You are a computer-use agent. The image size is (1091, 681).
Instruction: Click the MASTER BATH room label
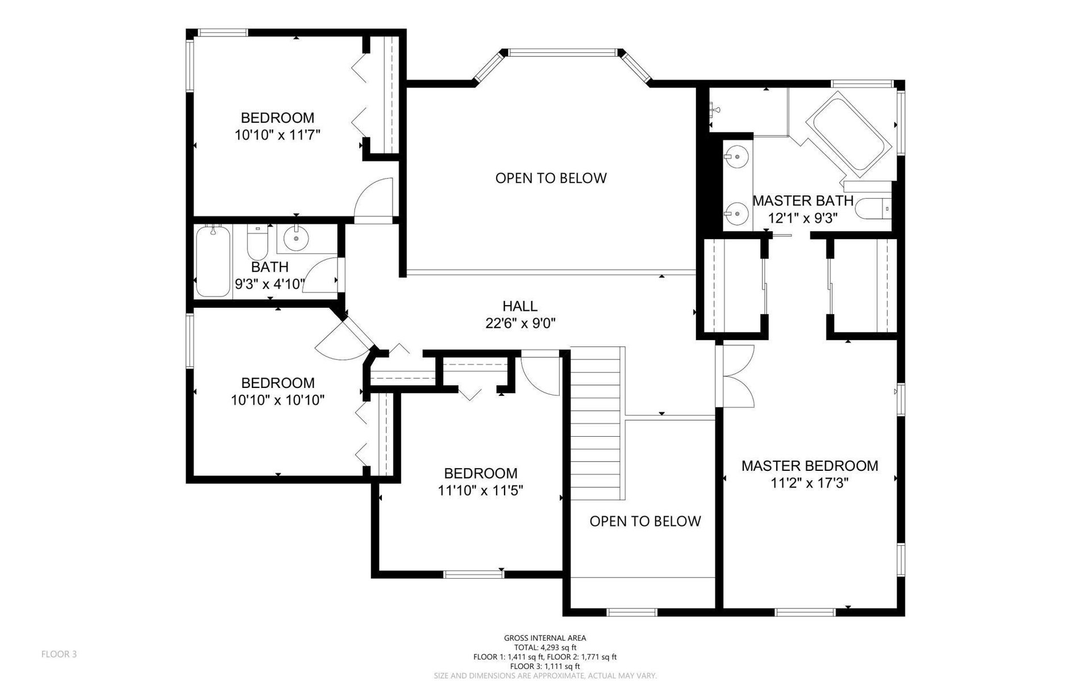[x=803, y=200]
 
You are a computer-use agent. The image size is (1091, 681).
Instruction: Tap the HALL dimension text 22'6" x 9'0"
[x=520, y=324]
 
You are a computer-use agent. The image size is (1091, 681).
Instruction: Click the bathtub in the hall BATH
[x=213, y=261]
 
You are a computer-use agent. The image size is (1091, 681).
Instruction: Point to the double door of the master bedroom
[x=736, y=376]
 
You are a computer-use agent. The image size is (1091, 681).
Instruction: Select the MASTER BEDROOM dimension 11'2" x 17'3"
[x=810, y=483]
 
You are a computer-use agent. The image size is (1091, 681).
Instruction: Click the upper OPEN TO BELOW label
[x=551, y=178]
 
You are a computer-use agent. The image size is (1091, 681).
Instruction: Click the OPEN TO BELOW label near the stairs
[x=645, y=521]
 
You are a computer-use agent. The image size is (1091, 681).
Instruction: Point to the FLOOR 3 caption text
[x=59, y=654]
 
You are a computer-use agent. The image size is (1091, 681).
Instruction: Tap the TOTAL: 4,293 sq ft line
[x=545, y=647]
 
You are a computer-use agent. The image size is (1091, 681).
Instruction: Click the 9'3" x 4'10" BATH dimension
[x=270, y=284]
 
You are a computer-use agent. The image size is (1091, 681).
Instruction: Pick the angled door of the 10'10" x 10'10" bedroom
[x=344, y=340]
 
